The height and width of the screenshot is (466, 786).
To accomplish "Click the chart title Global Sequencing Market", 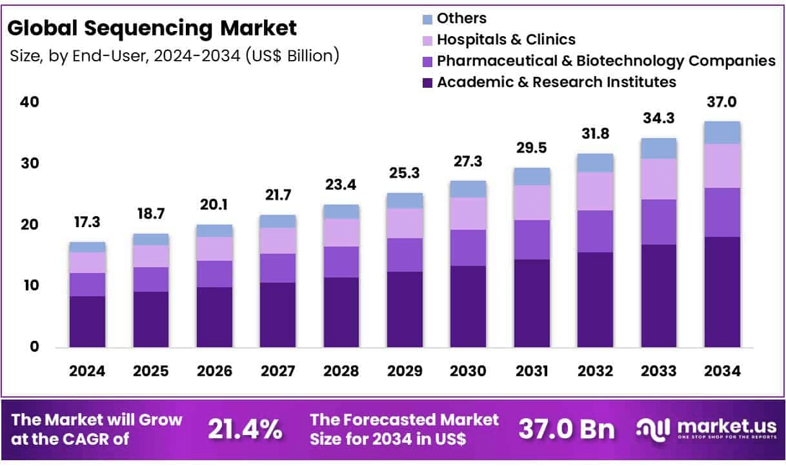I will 153,28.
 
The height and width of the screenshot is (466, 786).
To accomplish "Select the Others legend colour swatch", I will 427,19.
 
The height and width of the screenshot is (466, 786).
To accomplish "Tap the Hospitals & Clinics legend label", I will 506,39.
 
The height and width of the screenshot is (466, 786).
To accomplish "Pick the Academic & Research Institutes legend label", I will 556,82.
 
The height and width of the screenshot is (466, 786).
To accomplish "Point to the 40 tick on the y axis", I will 30,102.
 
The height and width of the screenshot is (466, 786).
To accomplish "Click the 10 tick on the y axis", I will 30,285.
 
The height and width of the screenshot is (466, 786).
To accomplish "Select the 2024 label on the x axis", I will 87,371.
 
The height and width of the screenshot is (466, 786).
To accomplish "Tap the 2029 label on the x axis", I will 405,371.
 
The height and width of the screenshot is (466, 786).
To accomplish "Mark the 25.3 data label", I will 405,174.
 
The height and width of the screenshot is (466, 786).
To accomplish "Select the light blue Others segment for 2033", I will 658,148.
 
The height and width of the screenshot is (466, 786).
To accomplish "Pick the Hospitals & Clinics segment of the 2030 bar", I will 468,213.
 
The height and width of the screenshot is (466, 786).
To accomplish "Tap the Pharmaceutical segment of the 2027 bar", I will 277,268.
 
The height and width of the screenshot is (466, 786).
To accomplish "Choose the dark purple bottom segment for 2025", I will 150,319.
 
